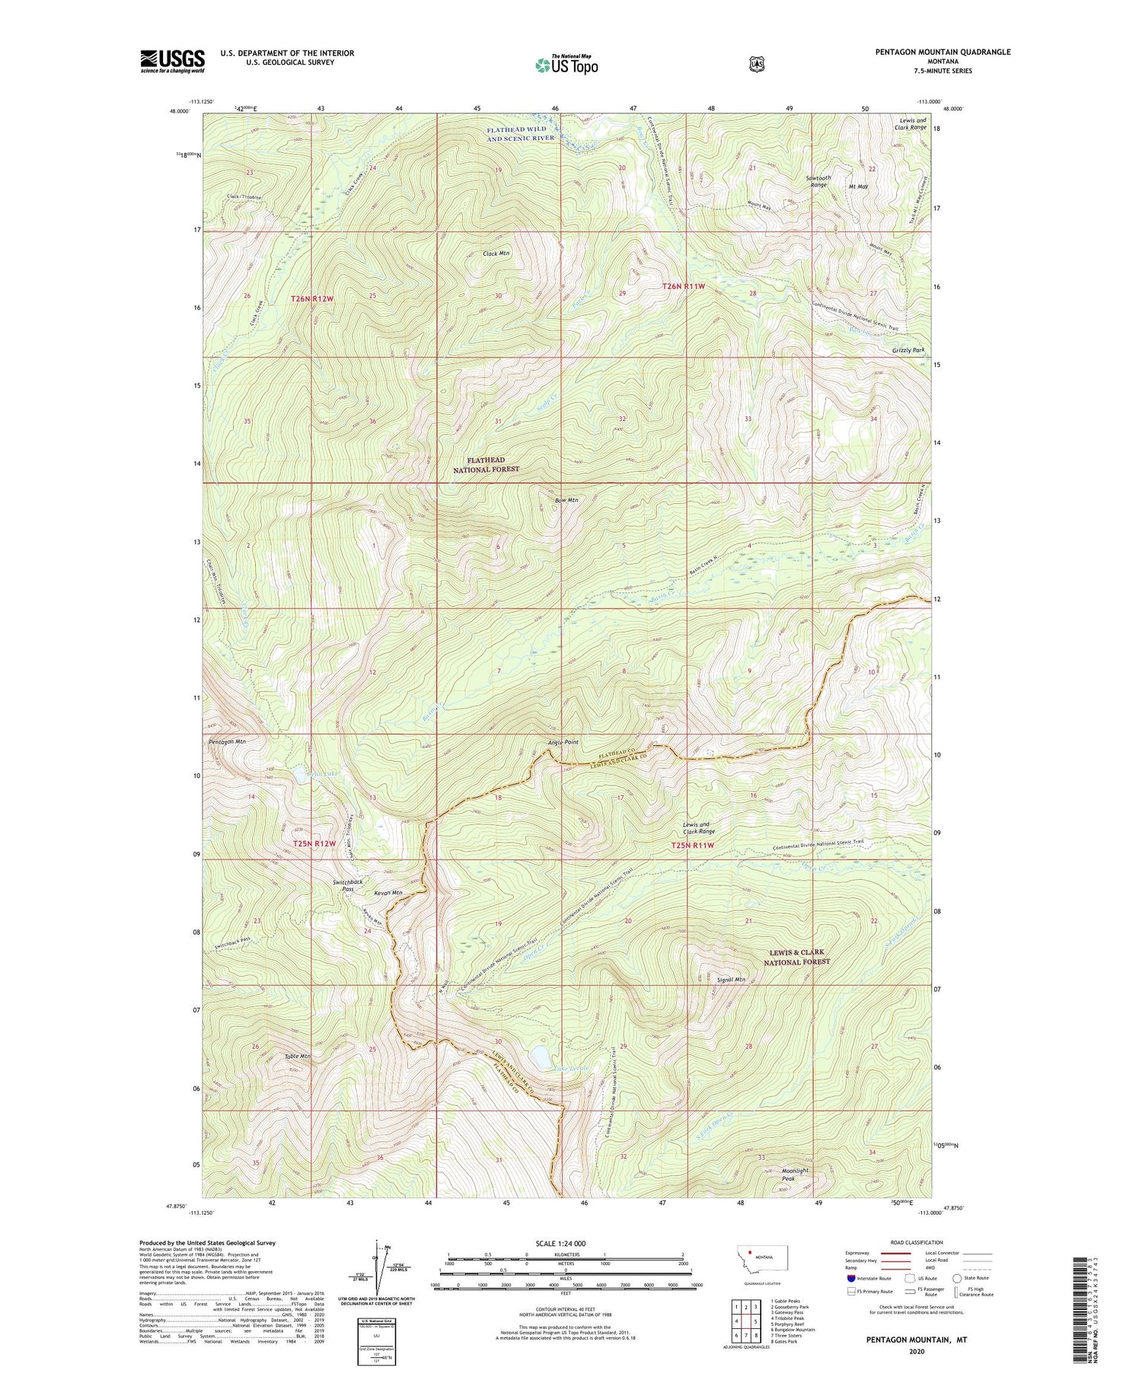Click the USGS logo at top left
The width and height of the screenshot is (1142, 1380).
click(172, 61)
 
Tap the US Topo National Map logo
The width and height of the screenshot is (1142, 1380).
click(566, 64)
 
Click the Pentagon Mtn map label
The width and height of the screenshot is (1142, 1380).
click(227, 741)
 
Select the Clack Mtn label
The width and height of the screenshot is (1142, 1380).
click(496, 253)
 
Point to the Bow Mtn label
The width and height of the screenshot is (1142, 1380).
click(566, 500)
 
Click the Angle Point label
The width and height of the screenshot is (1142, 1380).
click(563, 742)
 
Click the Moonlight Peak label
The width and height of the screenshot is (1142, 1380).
click(795, 1174)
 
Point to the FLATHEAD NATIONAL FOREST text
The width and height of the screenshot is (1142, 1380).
click(486, 464)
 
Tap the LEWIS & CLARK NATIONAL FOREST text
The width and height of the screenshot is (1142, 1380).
click(796, 957)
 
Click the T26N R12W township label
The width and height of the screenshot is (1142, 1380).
click(312, 299)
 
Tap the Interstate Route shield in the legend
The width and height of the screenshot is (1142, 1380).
click(851, 1278)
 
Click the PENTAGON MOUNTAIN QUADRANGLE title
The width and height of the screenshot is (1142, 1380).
click(943, 52)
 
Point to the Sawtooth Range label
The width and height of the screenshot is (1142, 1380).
click(818, 181)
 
